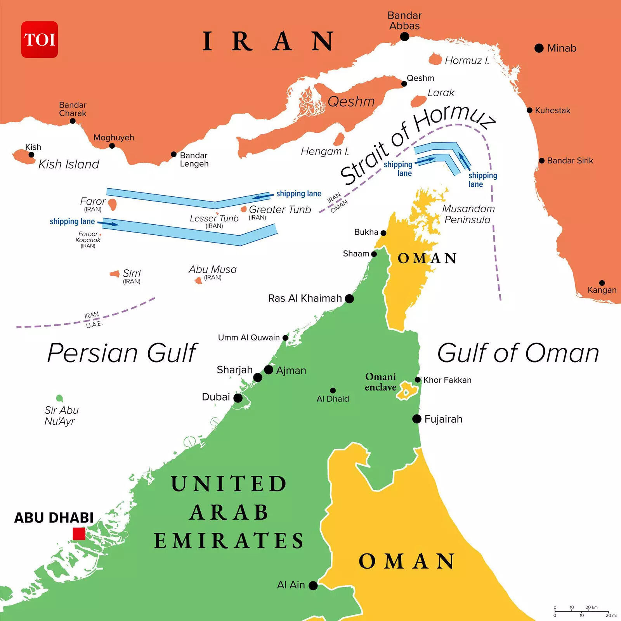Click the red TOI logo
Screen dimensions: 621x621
pyautogui.click(x=40, y=40)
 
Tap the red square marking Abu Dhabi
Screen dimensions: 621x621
pyautogui.click(x=79, y=534)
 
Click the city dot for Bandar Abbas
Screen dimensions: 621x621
pyautogui.click(x=404, y=36)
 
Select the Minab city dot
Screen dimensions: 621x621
pyautogui.click(x=539, y=48)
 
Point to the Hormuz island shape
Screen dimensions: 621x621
pyautogui.click(x=435, y=59)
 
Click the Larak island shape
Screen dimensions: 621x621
pyautogui.click(x=418, y=101)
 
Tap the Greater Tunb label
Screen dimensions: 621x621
pyautogui.click(x=280, y=210)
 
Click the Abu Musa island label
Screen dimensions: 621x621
pyautogui.click(x=212, y=269)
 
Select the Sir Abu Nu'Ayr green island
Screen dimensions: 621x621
pyautogui.click(x=59, y=398)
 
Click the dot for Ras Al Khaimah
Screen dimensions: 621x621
pyautogui.click(x=349, y=298)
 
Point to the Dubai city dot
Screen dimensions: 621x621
pyautogui.click(x=238, y=398)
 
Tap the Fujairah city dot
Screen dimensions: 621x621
pyautogui.click(x=416, y=419)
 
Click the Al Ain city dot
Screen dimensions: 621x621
pyautogui.click(x=313, y=585)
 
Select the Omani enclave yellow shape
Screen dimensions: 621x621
pyautogui.click(x=406, y=390)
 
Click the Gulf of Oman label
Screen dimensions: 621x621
pyautogui.click(x=518, y=353)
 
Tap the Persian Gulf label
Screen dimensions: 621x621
pyautogui.click(x=122, y=353)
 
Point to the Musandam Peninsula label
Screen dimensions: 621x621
pyautogui.click(x=468, y=214)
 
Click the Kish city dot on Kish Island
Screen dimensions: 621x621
pyautogui.click(x=31, y=154)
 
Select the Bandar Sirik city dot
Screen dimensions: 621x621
pyautogui.click(x=541, y=161)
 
